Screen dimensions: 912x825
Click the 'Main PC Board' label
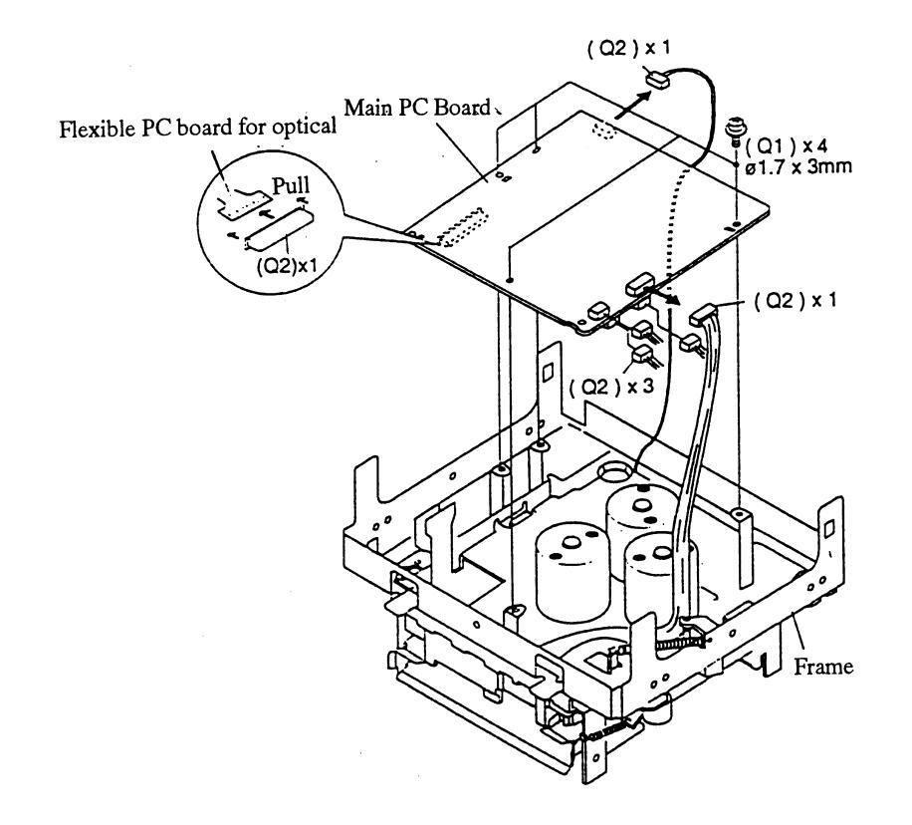coord(417,108)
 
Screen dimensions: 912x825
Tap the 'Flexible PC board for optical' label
coord(198,127)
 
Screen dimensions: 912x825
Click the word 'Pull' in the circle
coord(291,186)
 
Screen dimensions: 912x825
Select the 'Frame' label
coord(823,666)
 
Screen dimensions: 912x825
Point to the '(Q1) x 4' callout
coord(786,145)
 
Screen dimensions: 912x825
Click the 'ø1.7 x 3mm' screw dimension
coord(798,167)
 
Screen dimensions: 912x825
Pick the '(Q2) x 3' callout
coord(611,387)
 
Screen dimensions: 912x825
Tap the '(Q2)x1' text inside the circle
coord(288,266)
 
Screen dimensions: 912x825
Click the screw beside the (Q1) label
coord(735,132)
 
